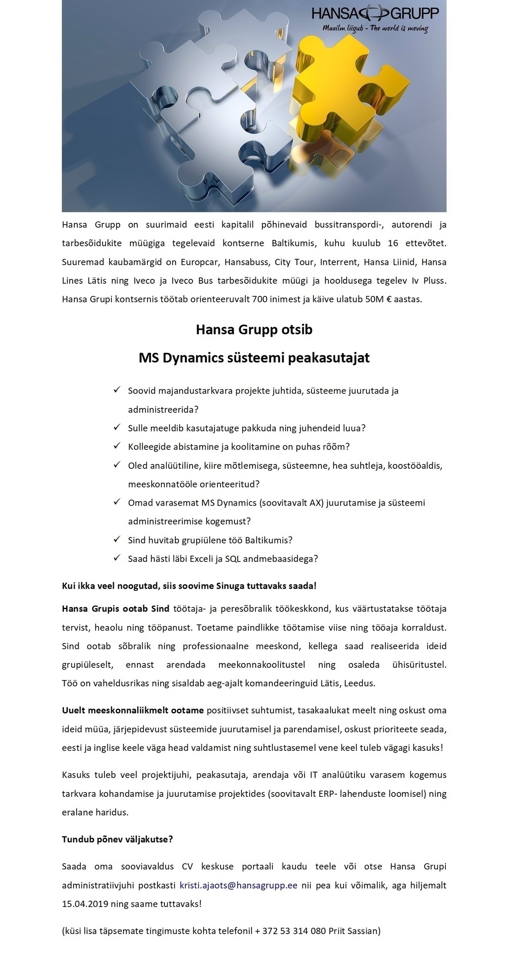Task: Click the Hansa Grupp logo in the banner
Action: point(375,14)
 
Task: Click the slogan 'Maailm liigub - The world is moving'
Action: point(375,29)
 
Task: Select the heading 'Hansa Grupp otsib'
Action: point(254,330)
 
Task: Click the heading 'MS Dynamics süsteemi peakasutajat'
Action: point(254,358)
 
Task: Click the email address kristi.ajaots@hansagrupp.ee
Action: point(238,885)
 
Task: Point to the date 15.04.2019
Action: point(85,904)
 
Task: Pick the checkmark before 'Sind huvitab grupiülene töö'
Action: point(117,539)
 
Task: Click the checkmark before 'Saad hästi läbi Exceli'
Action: point(117,558)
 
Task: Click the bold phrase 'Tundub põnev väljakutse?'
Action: point(117,839)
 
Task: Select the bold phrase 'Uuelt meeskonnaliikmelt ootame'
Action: point(133,710)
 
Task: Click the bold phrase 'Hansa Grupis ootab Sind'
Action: point(115,609)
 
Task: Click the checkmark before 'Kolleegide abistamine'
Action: point(117,446)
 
